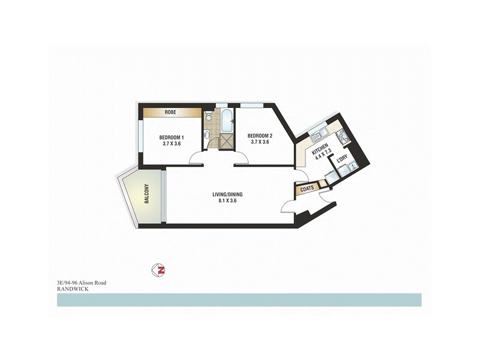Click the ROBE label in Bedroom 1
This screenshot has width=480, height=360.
pyautogui.click(x=170, y=112)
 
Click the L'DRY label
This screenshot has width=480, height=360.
pyautogui.click(x=342, y=159)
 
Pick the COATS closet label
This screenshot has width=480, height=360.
pyautogui.click(x=307, y=188)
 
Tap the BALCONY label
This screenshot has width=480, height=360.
pyautogui.click(x=146, y=193)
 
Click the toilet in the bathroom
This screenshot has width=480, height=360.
pyautogui.click(x=208, y=116)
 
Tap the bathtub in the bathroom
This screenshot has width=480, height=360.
pyautogui.click(x=226, y=121)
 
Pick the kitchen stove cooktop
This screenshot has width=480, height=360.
pyautogui.click(x=344, y=136)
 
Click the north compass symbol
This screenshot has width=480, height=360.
pyautogui.click(x=159, y=271)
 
